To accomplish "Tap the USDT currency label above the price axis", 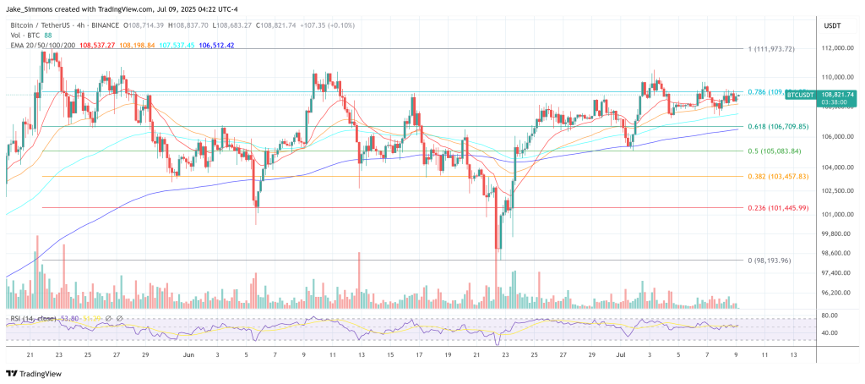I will point(833,26).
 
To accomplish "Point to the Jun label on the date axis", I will point(188,356).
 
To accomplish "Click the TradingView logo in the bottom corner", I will point(34,373).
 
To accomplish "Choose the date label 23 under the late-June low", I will point(505,356).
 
